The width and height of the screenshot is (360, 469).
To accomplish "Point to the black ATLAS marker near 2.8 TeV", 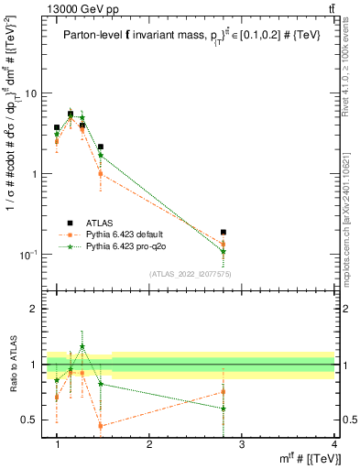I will (x=224, y=232).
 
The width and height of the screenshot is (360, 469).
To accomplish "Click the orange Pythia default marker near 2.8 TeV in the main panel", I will (x=224, y=244).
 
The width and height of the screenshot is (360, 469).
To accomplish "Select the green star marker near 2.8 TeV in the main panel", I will (x=224, y=251).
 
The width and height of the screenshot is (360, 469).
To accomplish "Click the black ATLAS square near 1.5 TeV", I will (x=101, y=147).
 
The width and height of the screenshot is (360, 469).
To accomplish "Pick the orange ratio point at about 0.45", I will (x=101, y=426).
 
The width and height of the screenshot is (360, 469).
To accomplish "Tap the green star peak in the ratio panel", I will (x=82, y=346).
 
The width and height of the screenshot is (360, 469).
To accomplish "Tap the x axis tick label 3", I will (x=241, y=444).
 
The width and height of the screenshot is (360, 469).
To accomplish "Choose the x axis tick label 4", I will (x=333, y=444).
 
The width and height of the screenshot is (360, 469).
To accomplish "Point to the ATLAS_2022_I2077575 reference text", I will (x=190, y=273).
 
